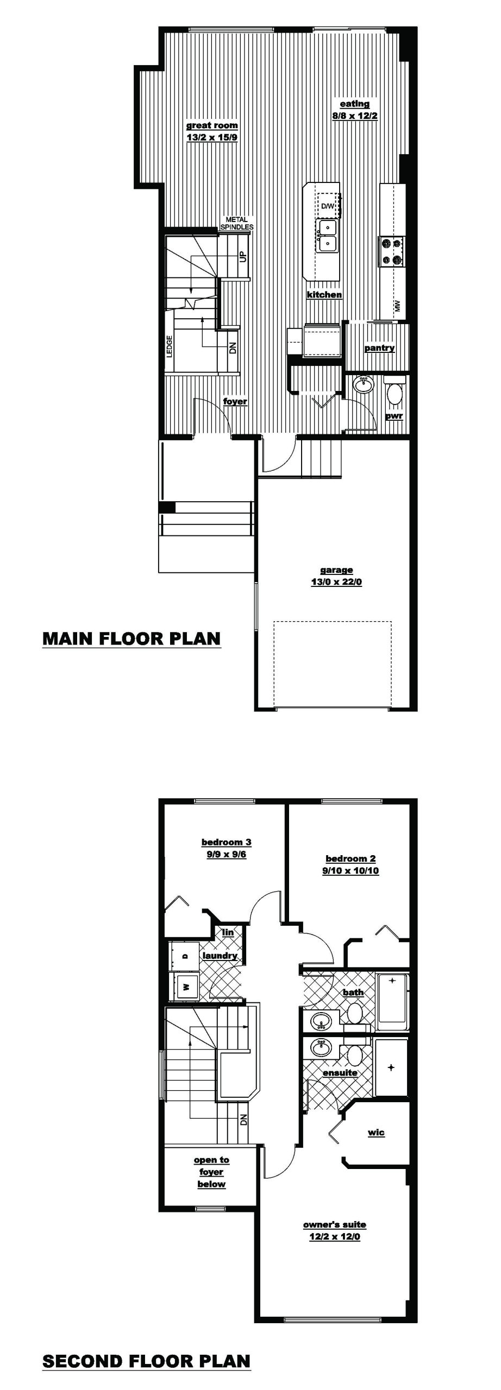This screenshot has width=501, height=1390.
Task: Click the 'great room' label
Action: coord(212,125)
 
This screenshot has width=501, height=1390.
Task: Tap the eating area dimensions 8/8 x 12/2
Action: coord(355,116)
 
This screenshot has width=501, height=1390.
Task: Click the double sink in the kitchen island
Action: coord(328,236)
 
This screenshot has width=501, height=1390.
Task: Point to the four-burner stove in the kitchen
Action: coord(392,252)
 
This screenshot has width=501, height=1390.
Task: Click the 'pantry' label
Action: coord(379,348)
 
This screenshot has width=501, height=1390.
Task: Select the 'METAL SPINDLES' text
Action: coord(236,223)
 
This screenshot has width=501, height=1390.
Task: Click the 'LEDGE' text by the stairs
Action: coord(169,346)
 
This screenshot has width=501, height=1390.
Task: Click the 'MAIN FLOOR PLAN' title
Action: coord(131,638)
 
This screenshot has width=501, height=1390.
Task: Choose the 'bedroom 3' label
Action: coord(226,842)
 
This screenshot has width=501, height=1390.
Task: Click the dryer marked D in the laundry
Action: coord(184,956)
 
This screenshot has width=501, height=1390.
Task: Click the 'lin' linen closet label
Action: coord(228,932)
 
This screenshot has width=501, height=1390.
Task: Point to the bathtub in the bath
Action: coord(392,1002)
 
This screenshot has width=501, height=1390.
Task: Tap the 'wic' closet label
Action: coord(376,1133)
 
